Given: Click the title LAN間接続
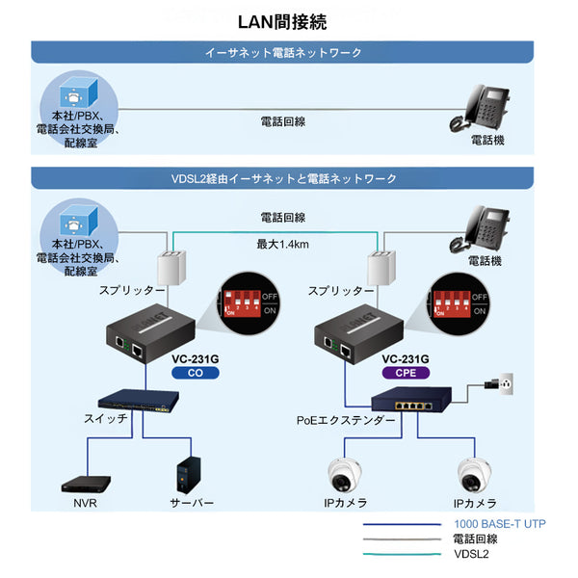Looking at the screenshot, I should coord(288,21).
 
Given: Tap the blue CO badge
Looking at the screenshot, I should coord(196,373).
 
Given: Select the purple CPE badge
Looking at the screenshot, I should coord(406,373).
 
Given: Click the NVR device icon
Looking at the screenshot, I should coord(84,483).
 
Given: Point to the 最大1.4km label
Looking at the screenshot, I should coord(282,244).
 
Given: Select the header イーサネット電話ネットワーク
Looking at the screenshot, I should coord(289,52).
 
